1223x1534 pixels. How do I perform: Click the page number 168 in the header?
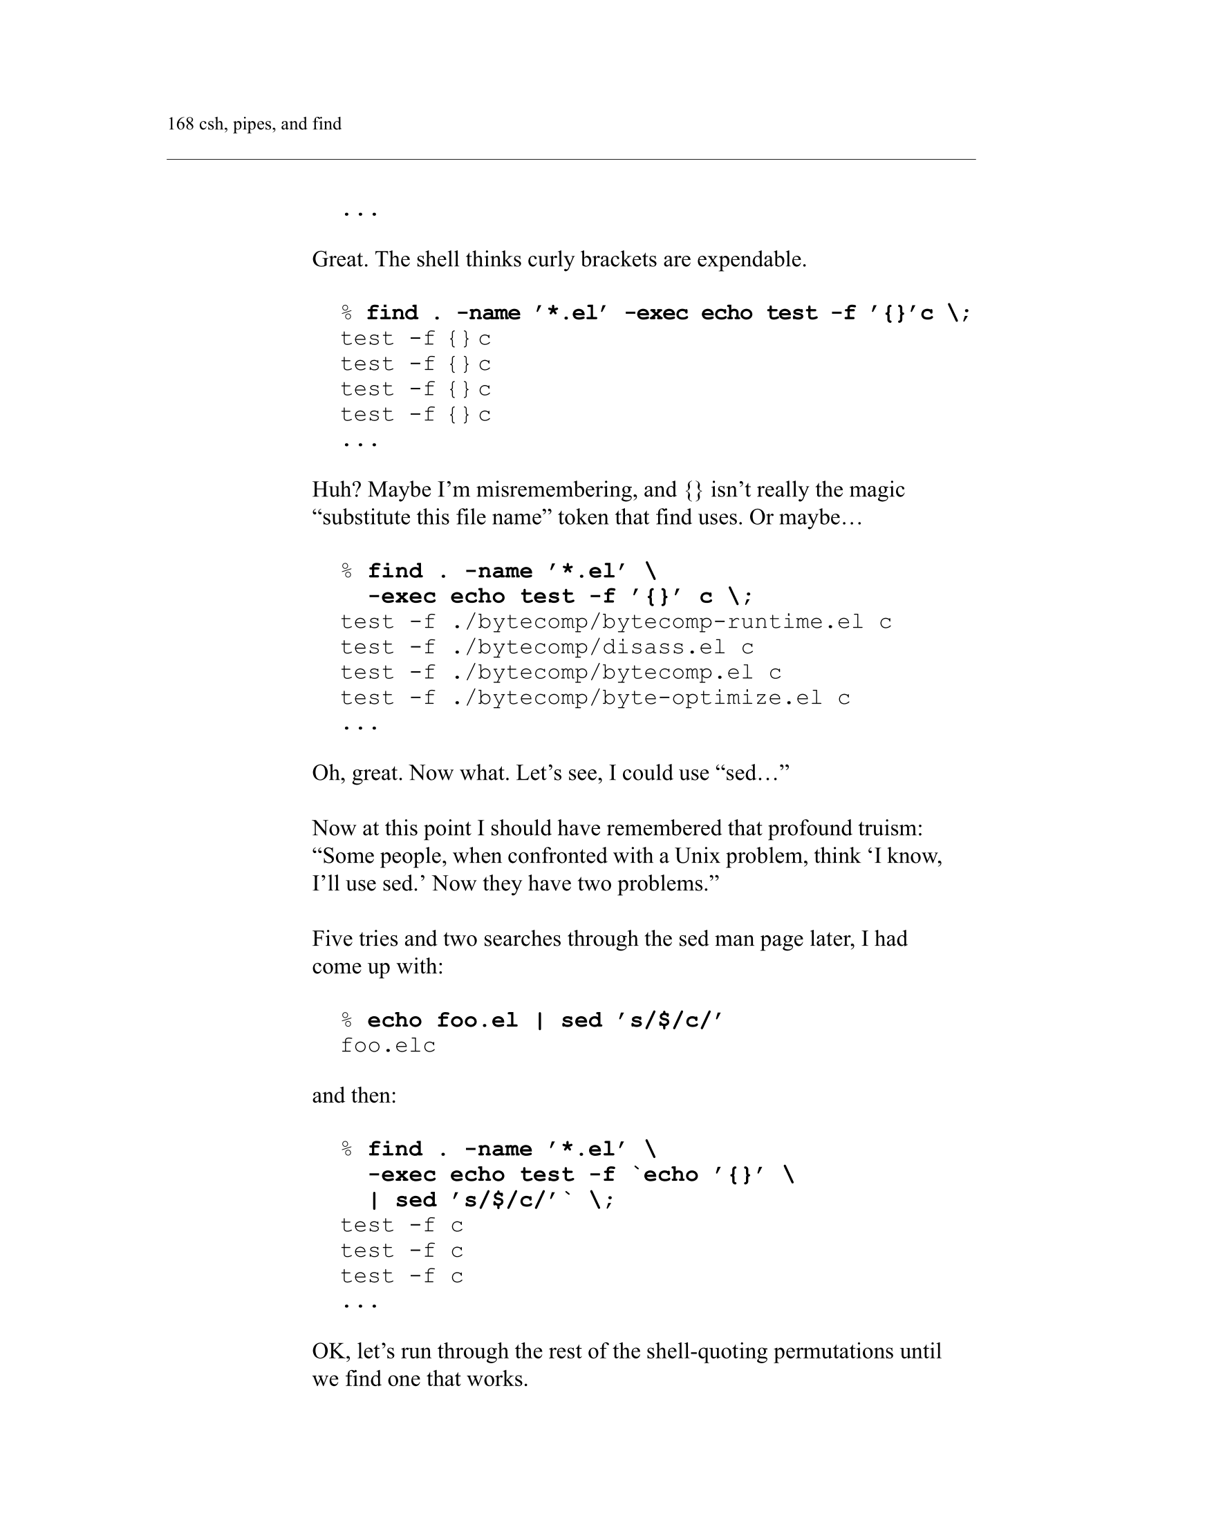point(180,124)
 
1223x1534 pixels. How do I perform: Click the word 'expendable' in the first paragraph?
point(750,259)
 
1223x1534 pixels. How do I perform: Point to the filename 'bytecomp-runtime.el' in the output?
point(732,622)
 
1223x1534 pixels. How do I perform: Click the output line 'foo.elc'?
point(388,1046)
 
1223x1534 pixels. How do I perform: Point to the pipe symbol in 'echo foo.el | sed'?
point(539,1020)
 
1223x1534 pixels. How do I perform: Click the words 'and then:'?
point(353,1096)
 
